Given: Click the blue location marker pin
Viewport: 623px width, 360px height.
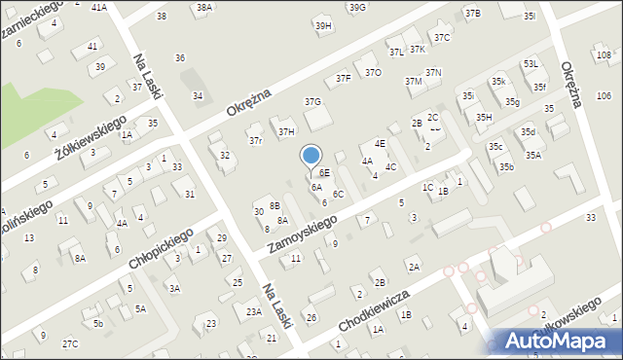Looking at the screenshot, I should click(x=311, y=156).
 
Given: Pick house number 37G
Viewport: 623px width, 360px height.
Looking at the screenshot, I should click(x=312, y=101).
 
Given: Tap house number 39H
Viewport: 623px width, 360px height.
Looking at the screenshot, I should click(x=323, y=25).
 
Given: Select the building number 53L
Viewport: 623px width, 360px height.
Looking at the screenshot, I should click(x=531, y=63).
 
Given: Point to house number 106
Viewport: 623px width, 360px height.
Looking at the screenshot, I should click(x=604, y=95).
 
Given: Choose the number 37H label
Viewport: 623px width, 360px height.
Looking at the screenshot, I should click(x=286, y=131).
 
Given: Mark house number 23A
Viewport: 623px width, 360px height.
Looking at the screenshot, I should click(x=254, y=311).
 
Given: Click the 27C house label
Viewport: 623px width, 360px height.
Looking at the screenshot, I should click(x=70, y=343).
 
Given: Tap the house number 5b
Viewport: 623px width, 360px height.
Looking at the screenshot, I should click(x=97, y=323).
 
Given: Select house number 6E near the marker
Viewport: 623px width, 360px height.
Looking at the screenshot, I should click(x=324, y=172).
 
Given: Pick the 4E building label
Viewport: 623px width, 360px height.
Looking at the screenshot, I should click(x=380, y=143).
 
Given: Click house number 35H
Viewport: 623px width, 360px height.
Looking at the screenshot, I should click(x=484, y=117).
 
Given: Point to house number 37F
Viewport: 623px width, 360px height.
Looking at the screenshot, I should click(x=344, y=77).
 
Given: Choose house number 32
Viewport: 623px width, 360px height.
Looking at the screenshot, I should click(x=225, y=155).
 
